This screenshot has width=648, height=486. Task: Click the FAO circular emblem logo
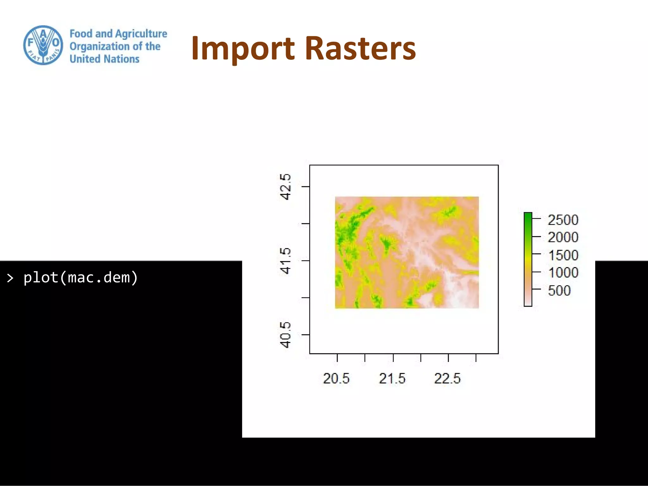(43, 45)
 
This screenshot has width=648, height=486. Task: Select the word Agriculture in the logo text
(141, 34)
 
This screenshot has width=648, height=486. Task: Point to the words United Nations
(104, 59)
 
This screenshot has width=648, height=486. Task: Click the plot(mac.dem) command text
(81, 277)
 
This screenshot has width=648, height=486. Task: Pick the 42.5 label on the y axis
(285, 187)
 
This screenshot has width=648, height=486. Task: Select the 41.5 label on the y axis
(285, 261)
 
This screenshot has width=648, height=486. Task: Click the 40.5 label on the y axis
(285, 335)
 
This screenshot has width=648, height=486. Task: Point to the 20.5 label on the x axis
(336, 378)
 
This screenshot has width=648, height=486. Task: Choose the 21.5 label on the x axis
(392, 378)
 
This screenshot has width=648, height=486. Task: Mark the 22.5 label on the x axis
(447, 378)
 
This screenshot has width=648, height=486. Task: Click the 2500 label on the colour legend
(563, 220)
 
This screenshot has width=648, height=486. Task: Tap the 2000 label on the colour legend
(563, 237)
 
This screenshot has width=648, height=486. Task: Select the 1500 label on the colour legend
(563, 255)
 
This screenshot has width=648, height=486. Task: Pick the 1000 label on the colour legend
(563, 272)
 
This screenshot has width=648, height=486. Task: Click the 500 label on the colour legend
(559, 290)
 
